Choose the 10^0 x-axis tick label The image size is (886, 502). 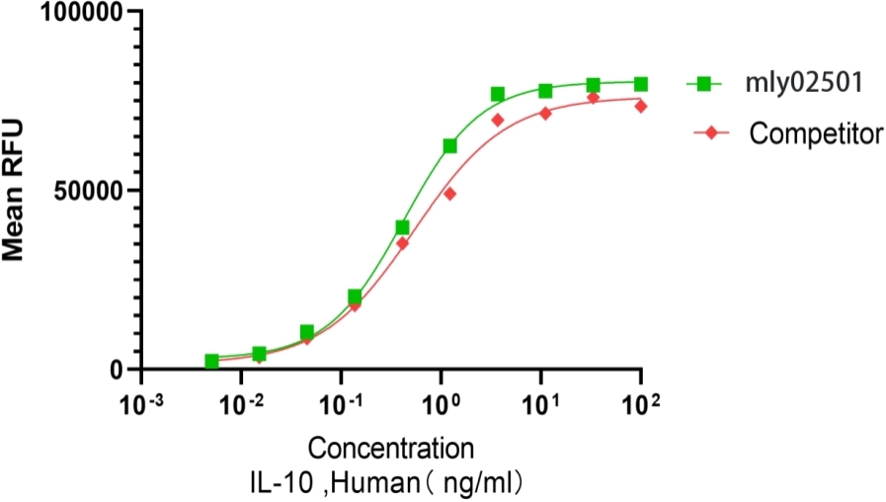click(x=441, y=404)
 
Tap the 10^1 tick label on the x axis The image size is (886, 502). click(x=540, y=404)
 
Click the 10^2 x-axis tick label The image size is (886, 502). click(x=641, y=404)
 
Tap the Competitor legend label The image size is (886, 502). click(x=815, y=132)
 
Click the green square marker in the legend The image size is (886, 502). click(x=707, y=85)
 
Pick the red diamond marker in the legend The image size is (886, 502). click(x=707, y=132)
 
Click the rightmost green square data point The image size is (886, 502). click(x=641, y=84)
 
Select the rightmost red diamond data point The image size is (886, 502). click(x=641, y=106)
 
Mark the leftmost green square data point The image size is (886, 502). click(x=211, y=362)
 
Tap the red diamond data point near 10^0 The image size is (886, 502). click(x=449, y=194)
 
